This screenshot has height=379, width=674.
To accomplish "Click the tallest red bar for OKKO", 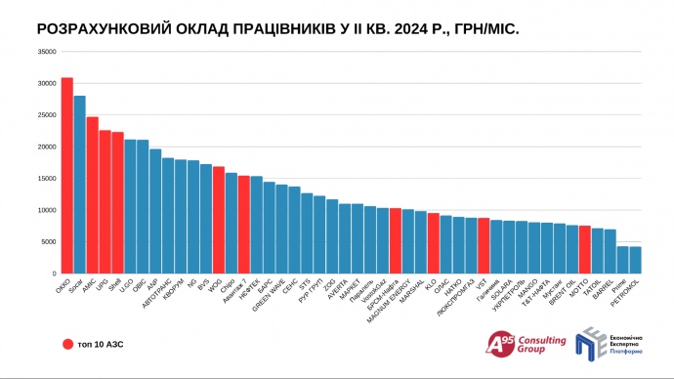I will pos(66,176).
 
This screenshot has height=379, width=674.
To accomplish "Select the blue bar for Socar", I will pos(79,185).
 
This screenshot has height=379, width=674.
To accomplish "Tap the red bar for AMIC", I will pos(92,195).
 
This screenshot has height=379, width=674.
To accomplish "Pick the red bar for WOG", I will pos(218,220).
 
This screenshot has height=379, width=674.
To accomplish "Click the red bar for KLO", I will pos(433,243).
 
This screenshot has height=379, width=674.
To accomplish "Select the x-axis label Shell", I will pos(112,286).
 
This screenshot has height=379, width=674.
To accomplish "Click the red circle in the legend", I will pos(66,344).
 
